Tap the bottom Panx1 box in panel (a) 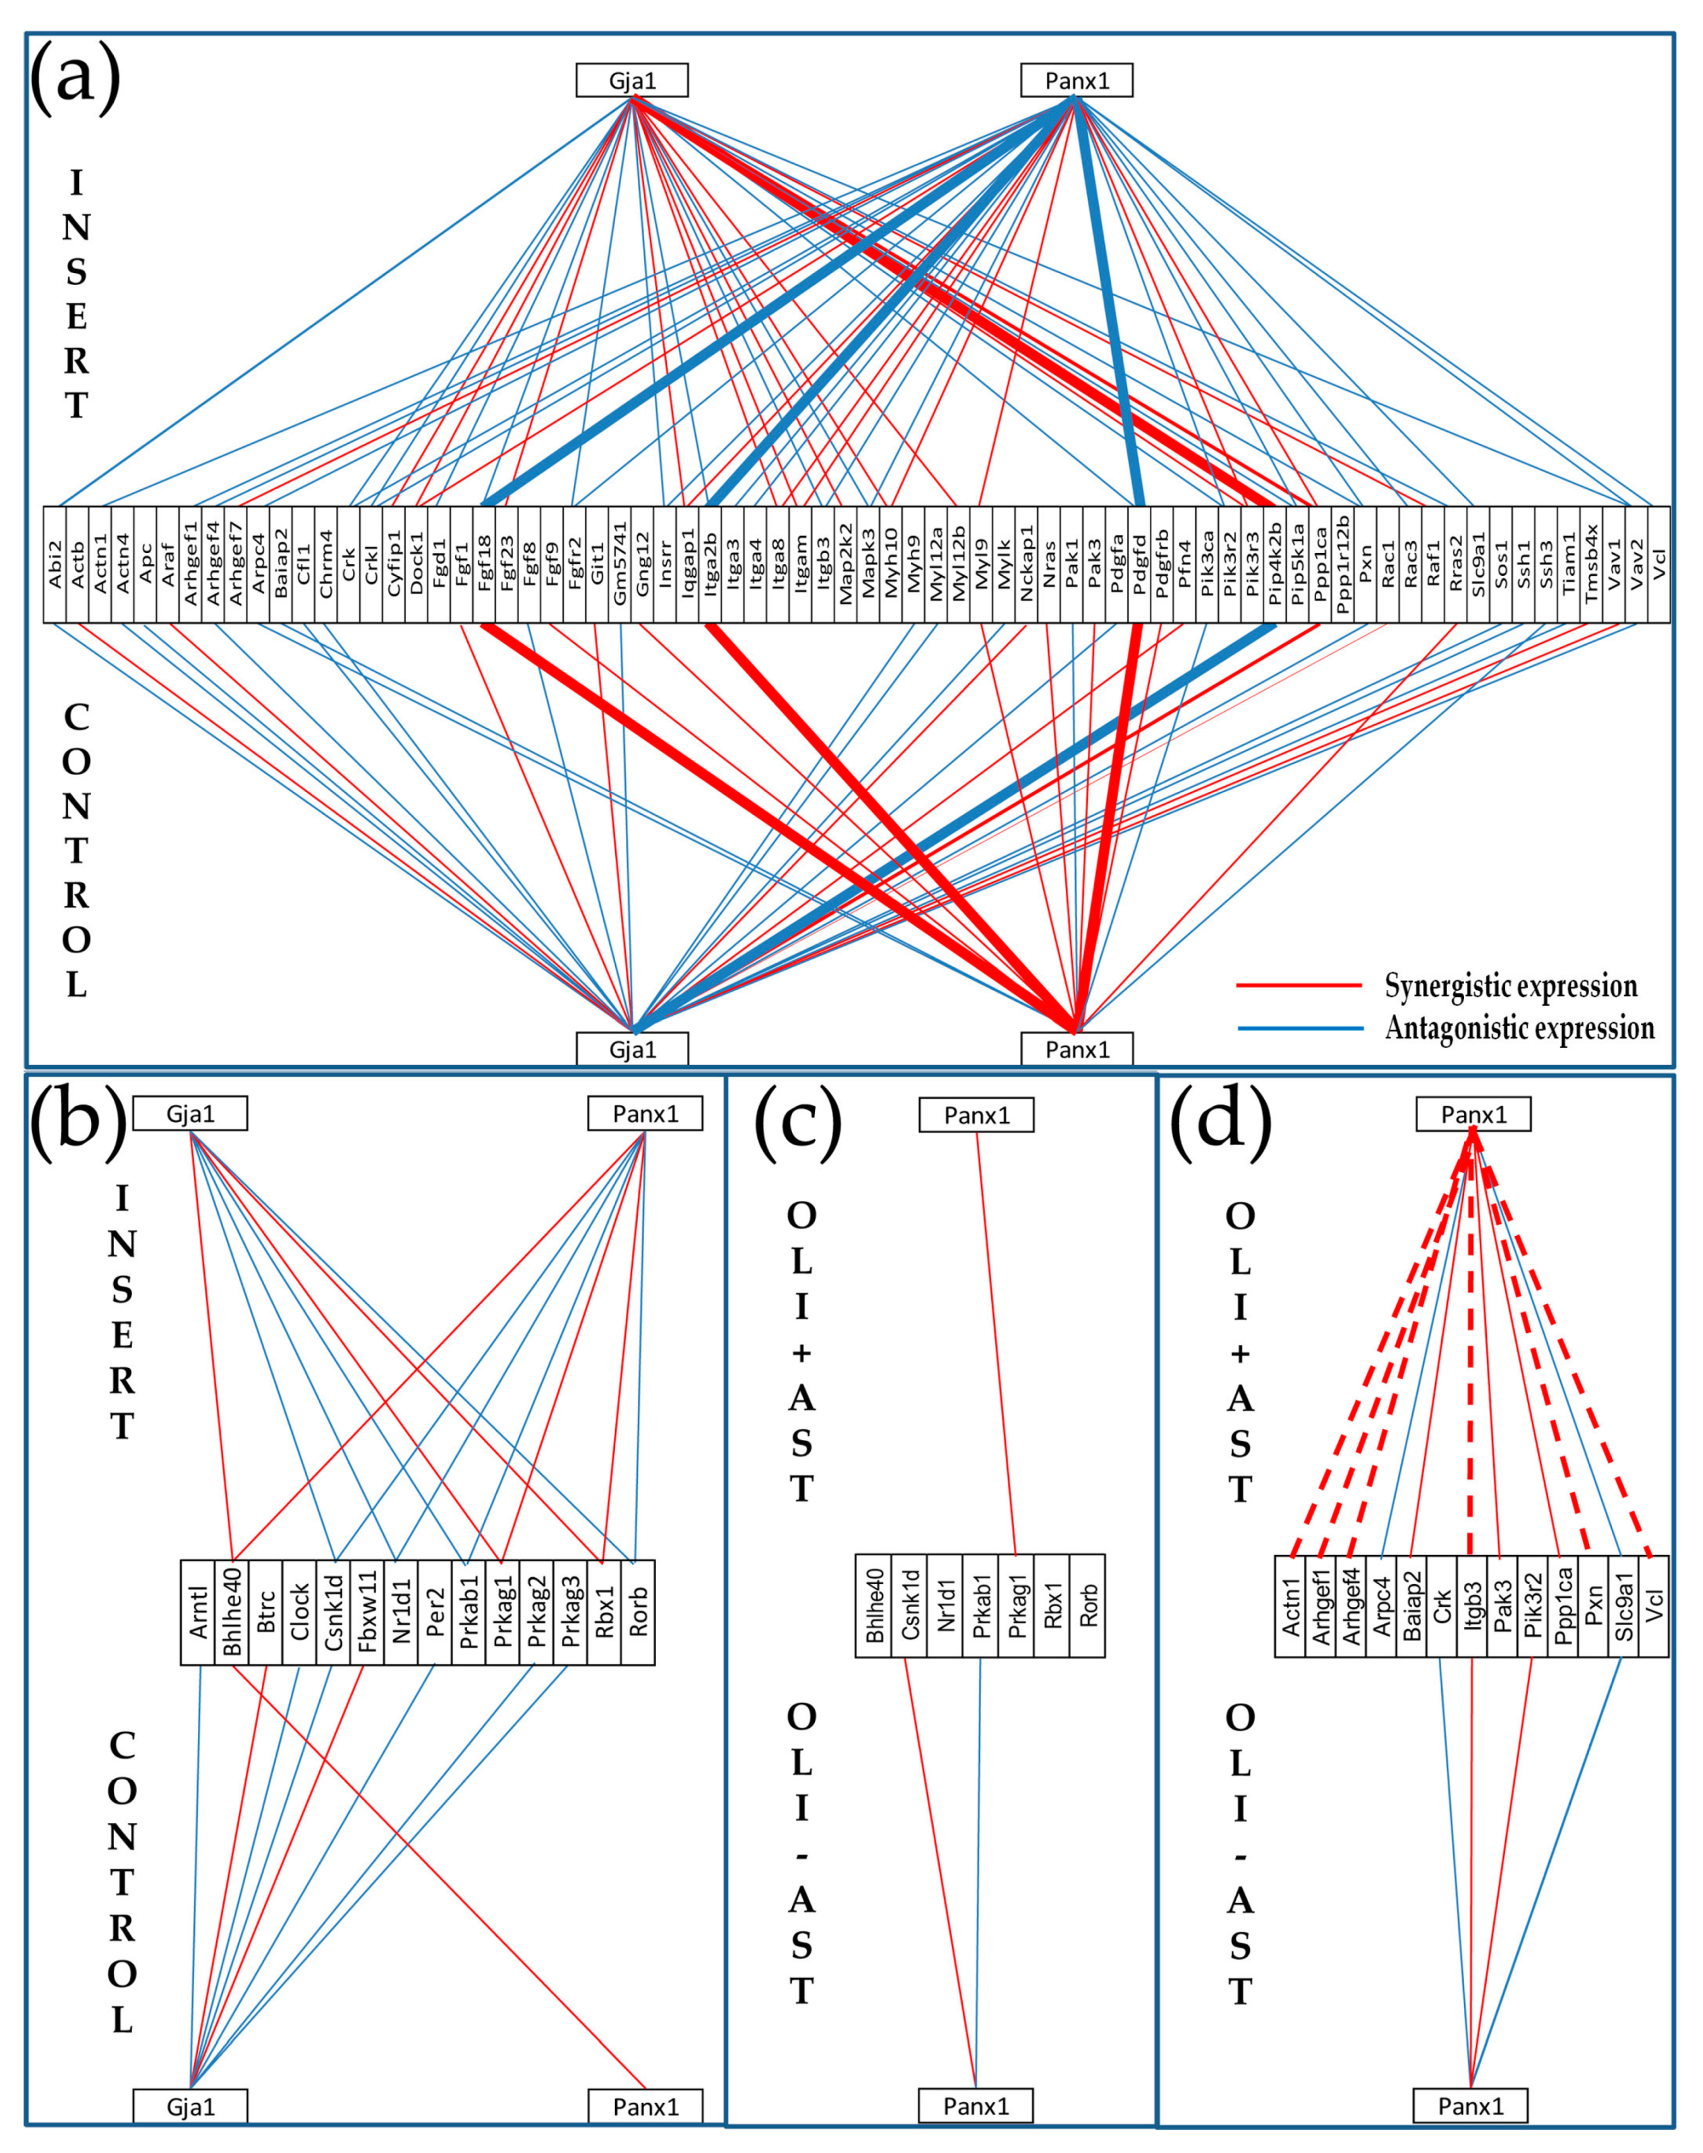(1076, 1049)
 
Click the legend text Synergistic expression (1511, 986)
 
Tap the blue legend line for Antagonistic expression (1300, 1028)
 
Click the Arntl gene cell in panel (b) (197, 1612)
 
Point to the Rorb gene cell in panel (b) (638, 1612)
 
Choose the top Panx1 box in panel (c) (976, 1115)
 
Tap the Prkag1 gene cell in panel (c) (1016, 1605)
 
